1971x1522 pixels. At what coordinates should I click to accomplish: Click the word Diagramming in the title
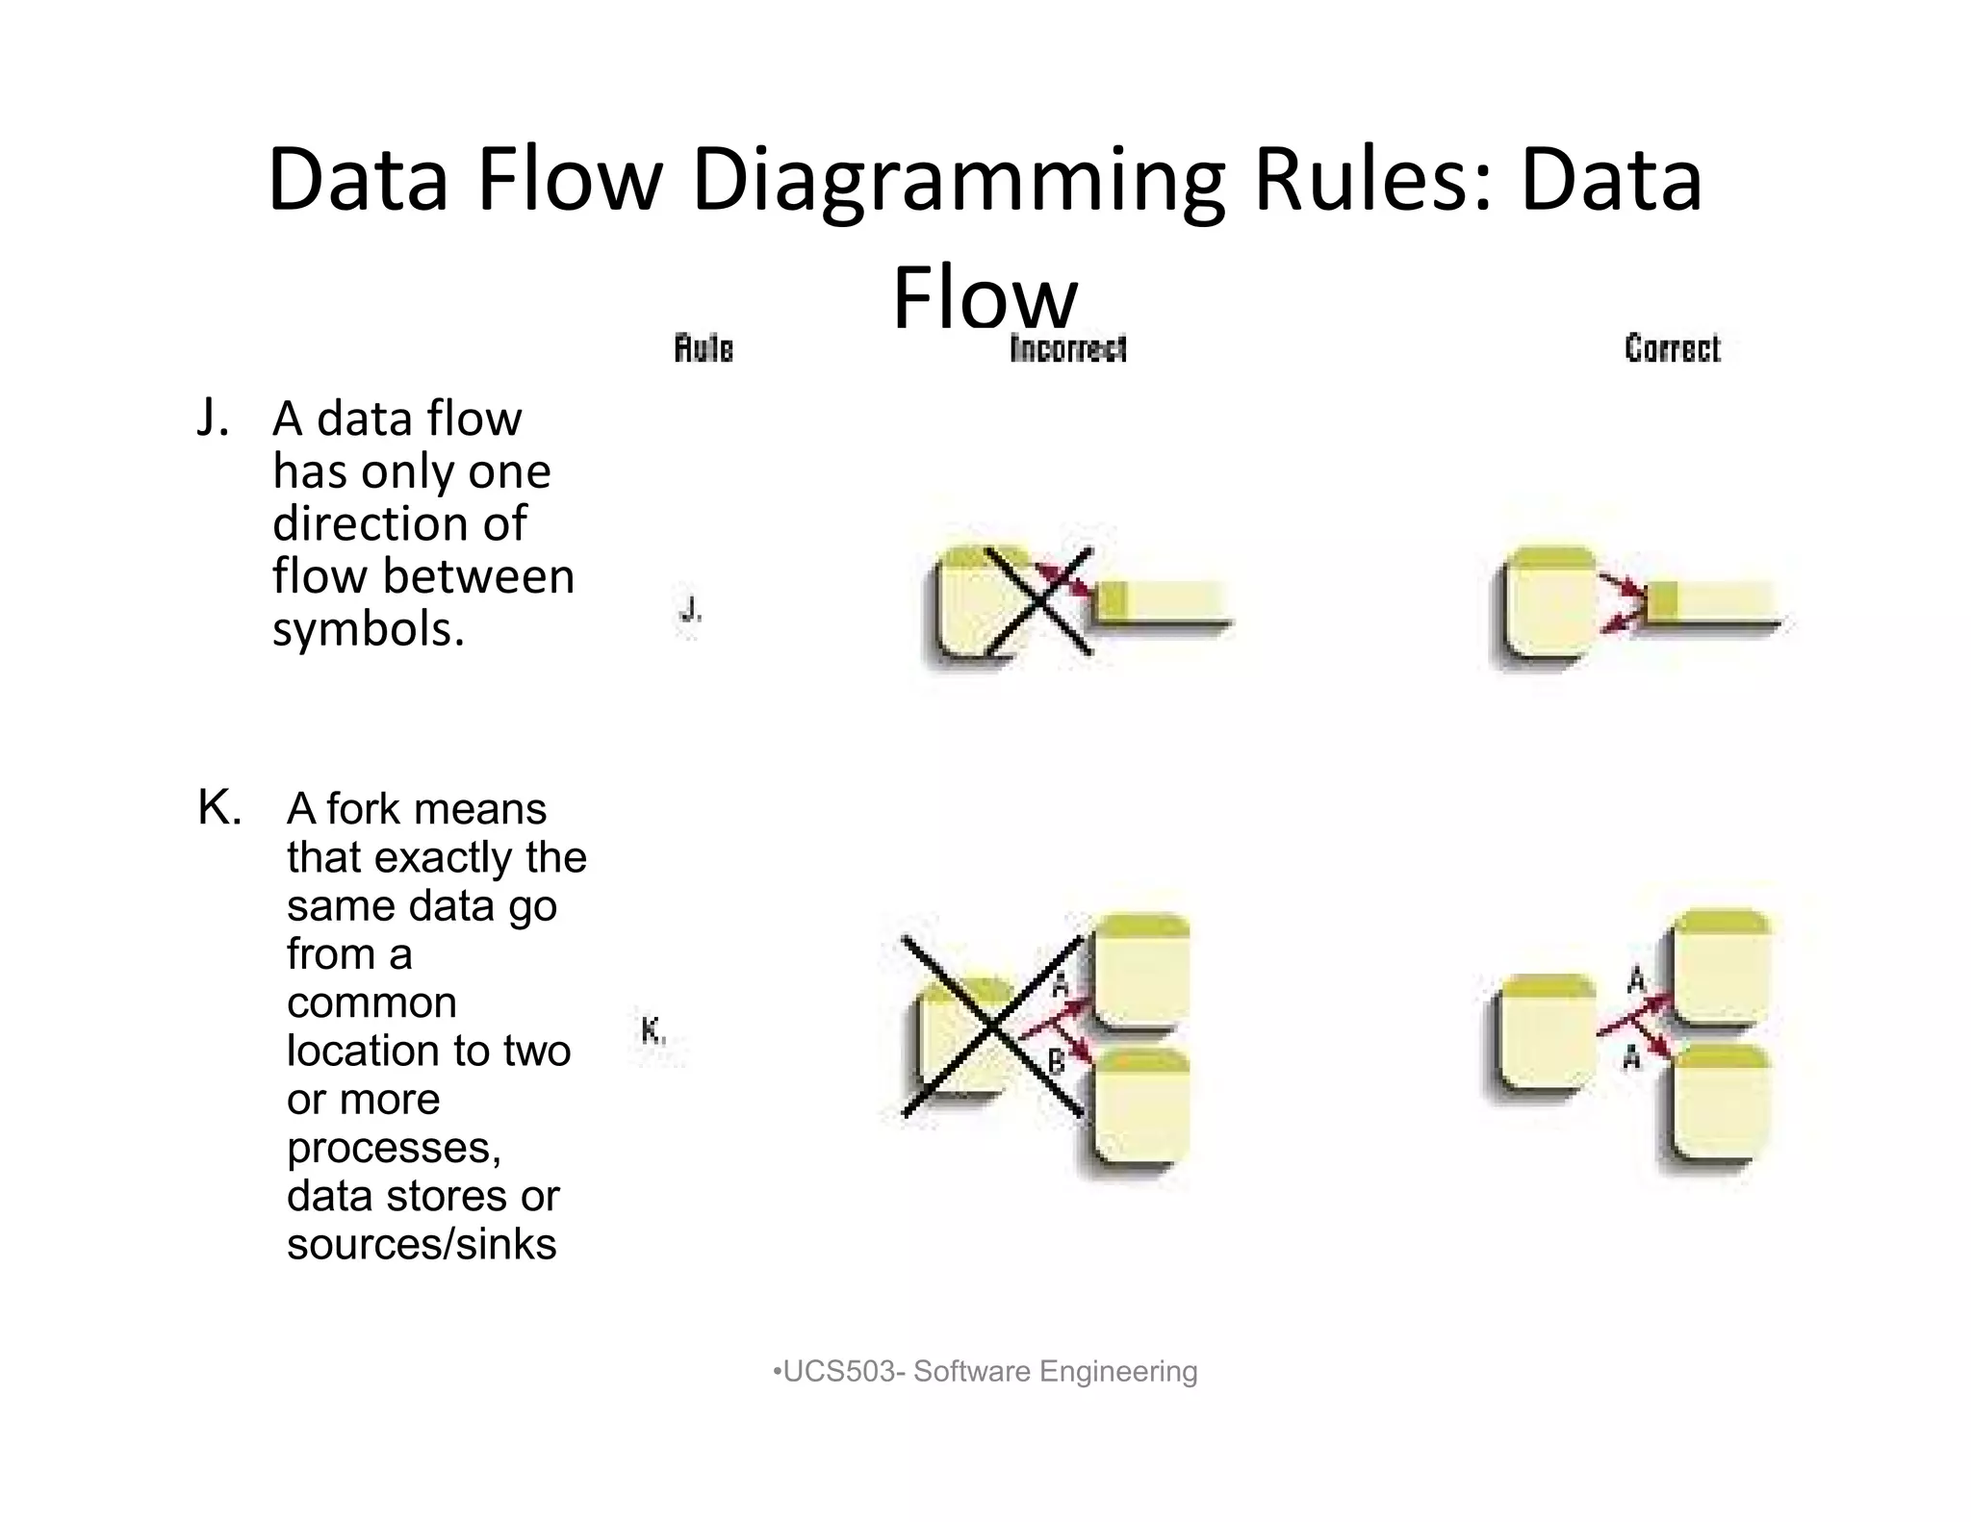coord(958,181)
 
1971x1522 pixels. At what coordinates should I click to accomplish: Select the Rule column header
coord(704,348)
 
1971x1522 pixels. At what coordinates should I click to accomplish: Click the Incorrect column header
coord(1068,348)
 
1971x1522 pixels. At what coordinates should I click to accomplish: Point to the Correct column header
coord(1672,348)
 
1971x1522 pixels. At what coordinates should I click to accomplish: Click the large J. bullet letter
coord(213,418)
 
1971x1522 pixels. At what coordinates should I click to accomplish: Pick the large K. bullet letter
coord(219,807)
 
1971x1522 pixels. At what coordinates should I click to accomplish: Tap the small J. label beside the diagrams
coord(690,609)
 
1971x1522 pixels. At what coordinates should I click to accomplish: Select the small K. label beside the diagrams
coord(653,1031)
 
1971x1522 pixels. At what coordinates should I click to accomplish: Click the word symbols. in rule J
coord(369,629)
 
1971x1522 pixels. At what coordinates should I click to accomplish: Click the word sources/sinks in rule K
coord(422,1243)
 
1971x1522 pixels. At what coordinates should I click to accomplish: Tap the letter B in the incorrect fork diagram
coord(1056,1062)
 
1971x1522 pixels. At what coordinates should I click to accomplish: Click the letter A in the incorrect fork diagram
coord(1061,985)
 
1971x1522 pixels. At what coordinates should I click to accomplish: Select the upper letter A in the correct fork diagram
coord(1636,980)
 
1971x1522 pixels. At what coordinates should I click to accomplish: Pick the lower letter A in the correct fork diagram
coord(1631,1058)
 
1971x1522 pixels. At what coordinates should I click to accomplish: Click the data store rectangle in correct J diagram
coord(1713,603)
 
